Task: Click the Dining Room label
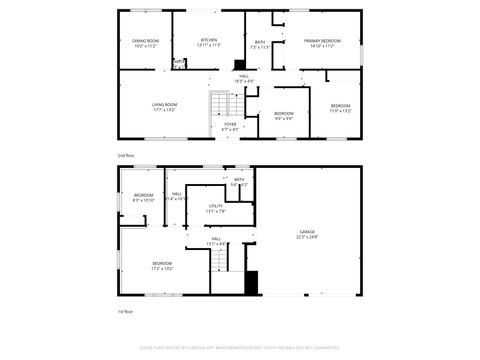point(146,44)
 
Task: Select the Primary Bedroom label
point(320,44)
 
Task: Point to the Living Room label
point(164,106)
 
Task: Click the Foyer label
point(230,126)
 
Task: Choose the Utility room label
point(215,208)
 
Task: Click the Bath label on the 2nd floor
point(260,44)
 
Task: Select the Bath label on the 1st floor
point(239,182)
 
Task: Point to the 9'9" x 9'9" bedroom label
point(284,115)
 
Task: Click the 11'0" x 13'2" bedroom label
point(341,107)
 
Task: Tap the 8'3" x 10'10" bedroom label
point(143,197)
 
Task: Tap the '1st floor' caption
point(126,311)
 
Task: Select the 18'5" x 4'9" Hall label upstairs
point(242,78)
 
